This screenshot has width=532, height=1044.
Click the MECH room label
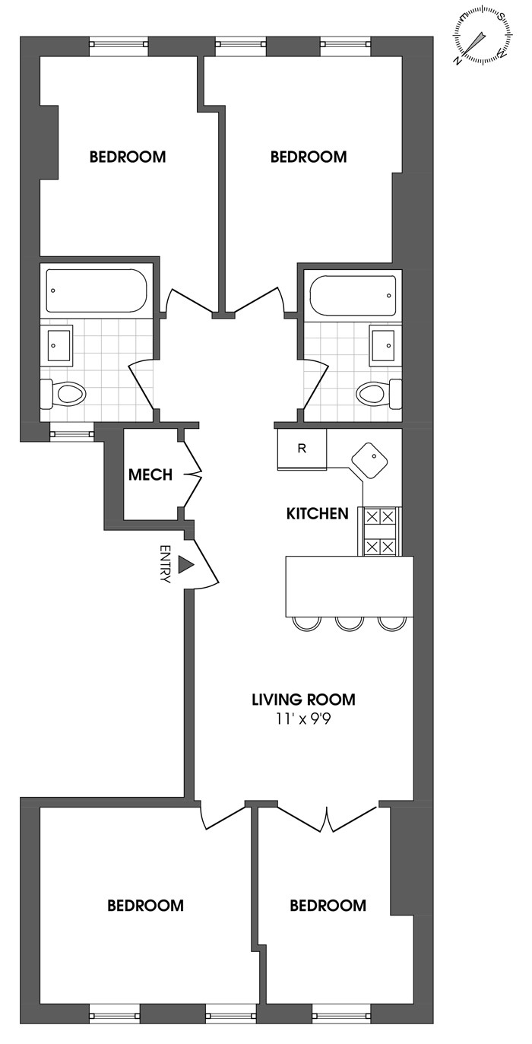point(150,474)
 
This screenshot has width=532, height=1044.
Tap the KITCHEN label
point(317,513)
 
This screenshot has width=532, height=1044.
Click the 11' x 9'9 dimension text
point(304,719)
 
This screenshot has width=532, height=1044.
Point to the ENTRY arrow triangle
point(186,564)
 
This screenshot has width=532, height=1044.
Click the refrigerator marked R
point(302,449)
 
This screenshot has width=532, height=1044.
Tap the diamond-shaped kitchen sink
point(370,460)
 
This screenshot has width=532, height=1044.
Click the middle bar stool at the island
point(350,624)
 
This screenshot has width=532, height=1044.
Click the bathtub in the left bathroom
point(97,290)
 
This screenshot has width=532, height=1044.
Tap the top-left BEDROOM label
point(128,157)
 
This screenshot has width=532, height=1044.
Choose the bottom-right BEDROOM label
point(328,905)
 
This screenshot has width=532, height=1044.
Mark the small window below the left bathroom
point(72,434)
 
